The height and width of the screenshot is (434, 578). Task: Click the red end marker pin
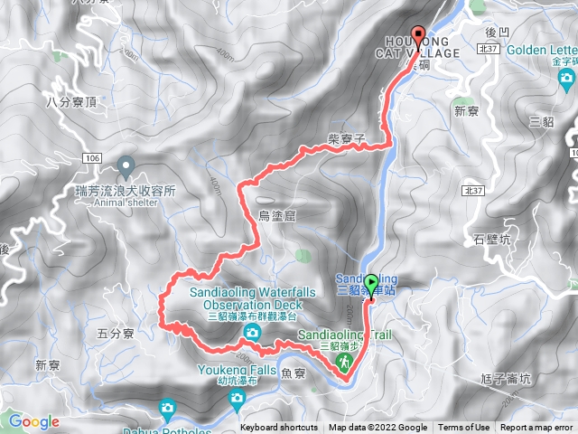[418, 34]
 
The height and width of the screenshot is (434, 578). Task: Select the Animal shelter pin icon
[126, 165]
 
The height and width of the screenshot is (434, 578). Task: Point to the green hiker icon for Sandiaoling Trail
[344, 363]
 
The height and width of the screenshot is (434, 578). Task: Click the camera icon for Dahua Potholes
[167, 410]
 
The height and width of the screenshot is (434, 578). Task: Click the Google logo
[33, 421]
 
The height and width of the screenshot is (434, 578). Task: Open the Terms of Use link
[464, 428]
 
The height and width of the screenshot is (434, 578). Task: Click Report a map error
[536, 428]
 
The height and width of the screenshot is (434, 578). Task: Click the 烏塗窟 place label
[277, 214]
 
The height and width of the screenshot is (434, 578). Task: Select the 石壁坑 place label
[491, 240]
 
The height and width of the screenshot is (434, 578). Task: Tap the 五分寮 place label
[115, 334]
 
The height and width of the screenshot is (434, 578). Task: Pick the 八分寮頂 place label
[70, 104]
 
